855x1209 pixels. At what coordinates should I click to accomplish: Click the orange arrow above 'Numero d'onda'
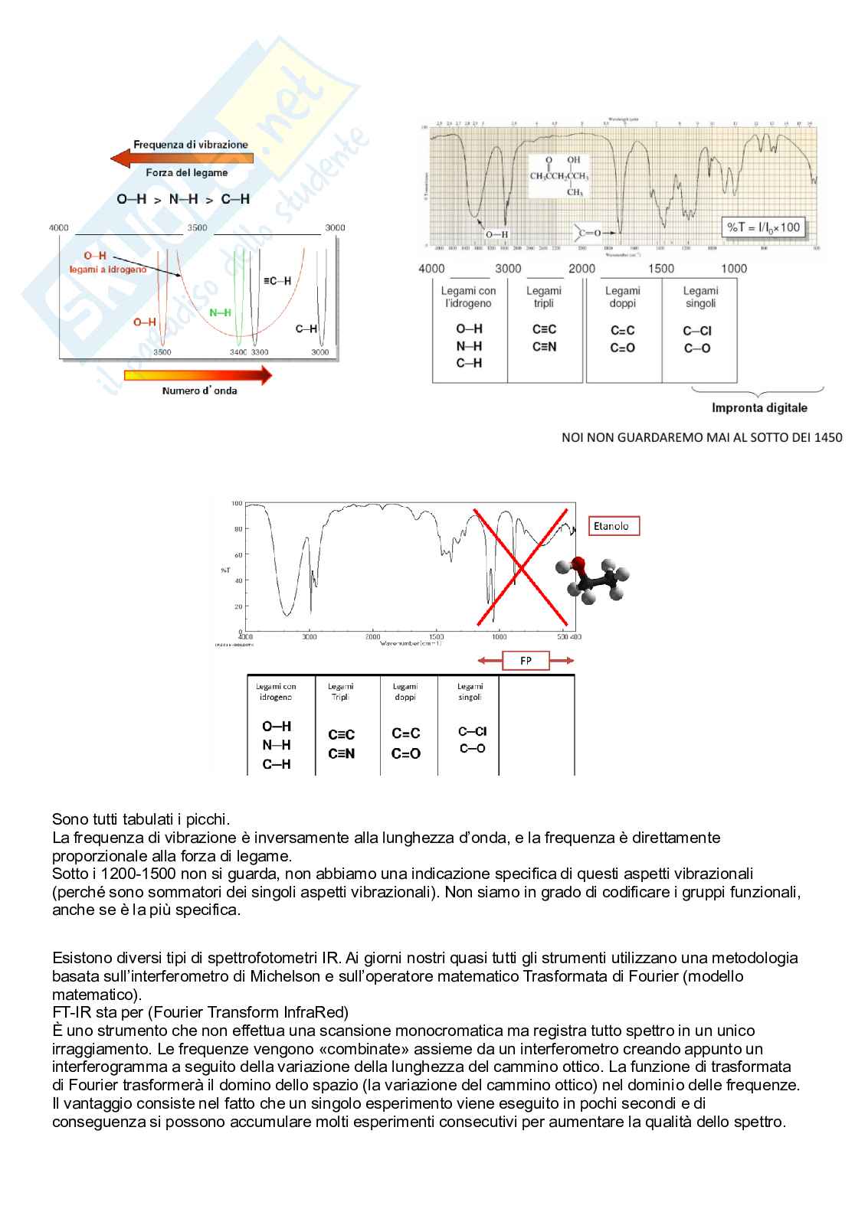(198, 375)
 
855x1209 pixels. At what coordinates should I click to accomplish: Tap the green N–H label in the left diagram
(220, 312)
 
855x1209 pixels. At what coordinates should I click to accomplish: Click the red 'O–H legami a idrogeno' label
(107, 263)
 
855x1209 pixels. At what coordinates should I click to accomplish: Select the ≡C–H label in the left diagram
(277, 281)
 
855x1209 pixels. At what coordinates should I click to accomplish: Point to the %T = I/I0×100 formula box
(763, 227)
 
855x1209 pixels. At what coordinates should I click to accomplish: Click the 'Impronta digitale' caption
(759, 407)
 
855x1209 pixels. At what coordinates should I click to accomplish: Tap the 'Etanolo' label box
(613, 526)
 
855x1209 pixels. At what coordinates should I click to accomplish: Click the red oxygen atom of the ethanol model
(580, 565)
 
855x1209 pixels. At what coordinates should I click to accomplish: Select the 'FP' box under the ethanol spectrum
(526, 661)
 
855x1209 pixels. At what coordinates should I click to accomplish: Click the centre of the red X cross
(521, 567)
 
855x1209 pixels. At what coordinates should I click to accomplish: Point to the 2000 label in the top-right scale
(581, 268)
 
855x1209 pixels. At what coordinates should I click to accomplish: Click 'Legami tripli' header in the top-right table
(544, 297)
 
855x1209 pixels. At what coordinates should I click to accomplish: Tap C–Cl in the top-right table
(697, 331)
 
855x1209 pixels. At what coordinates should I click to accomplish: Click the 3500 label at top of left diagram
(197, 227)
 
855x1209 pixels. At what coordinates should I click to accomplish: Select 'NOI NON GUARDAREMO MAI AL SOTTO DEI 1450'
(702, 437)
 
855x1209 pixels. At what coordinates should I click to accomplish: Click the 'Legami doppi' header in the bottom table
(405, 691)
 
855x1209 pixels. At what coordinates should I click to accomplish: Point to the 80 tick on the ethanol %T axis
(237, 529)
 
